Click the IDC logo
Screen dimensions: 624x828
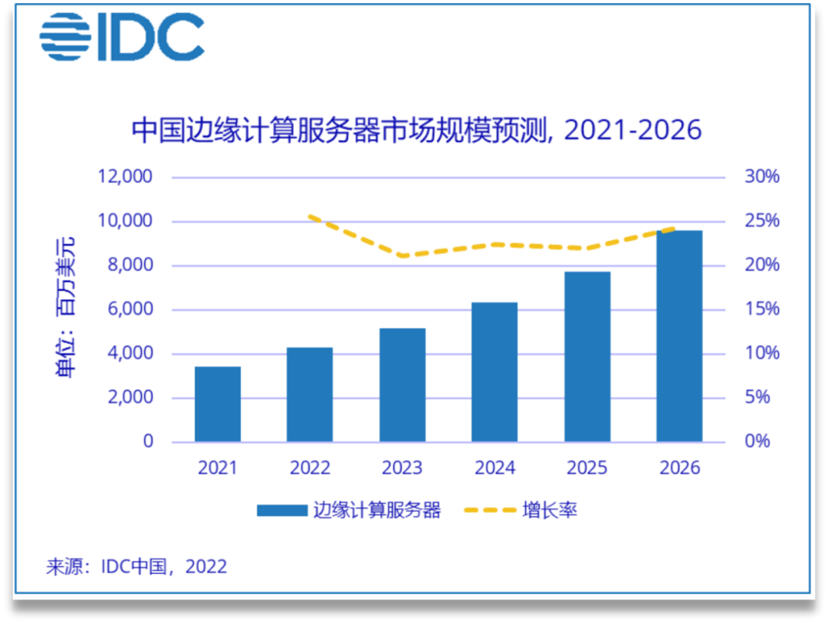pyautogui.click(x=122, y=37)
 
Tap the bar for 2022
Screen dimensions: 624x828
pyautogui.click(x=310, y=395)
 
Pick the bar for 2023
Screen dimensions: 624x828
pyautogui.click(x=402, y=385)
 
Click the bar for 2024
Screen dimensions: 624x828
pyautogui.click(x=495, y=372)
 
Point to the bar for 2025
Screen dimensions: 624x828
pyautogui.click(x=587, y=357)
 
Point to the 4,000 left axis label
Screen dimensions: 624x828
pyautogui.click(x=130, y=354)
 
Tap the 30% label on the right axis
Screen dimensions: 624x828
pyautogui.click(x=761, y=177)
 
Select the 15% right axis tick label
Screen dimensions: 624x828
pyautogui.click(x=761, y=309)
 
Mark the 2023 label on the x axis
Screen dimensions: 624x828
pyautogui.click(x=402, y=467)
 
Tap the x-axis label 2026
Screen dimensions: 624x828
pyautogui.click(x=679, y=467)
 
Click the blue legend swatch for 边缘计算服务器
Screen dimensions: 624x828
pyautogui.click(x=281, y=510)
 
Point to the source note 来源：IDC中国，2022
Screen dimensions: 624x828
pyautogui.click(x=136, y=566)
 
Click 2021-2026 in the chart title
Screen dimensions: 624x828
pyautogui.click(x=632, y=130)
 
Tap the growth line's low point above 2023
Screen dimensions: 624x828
pyautogui.click(x=402, y=256)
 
